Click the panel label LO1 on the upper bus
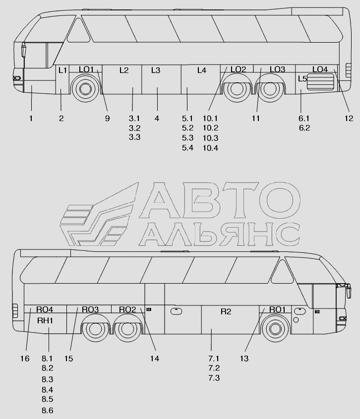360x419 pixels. (x=86, y=69)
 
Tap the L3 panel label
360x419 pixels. (x=156, y=70)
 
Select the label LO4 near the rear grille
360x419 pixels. (x=320, y=69)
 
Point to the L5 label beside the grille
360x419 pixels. (x=302, y=79)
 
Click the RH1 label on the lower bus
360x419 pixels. (x=45, y=321)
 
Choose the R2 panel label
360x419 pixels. (x=226, y=311)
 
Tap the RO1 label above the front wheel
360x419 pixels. (x=277, y=309)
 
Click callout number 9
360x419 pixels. (x=107, y=119)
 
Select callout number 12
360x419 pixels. (x=349, y=119)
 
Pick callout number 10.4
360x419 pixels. (x=210, y=148)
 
